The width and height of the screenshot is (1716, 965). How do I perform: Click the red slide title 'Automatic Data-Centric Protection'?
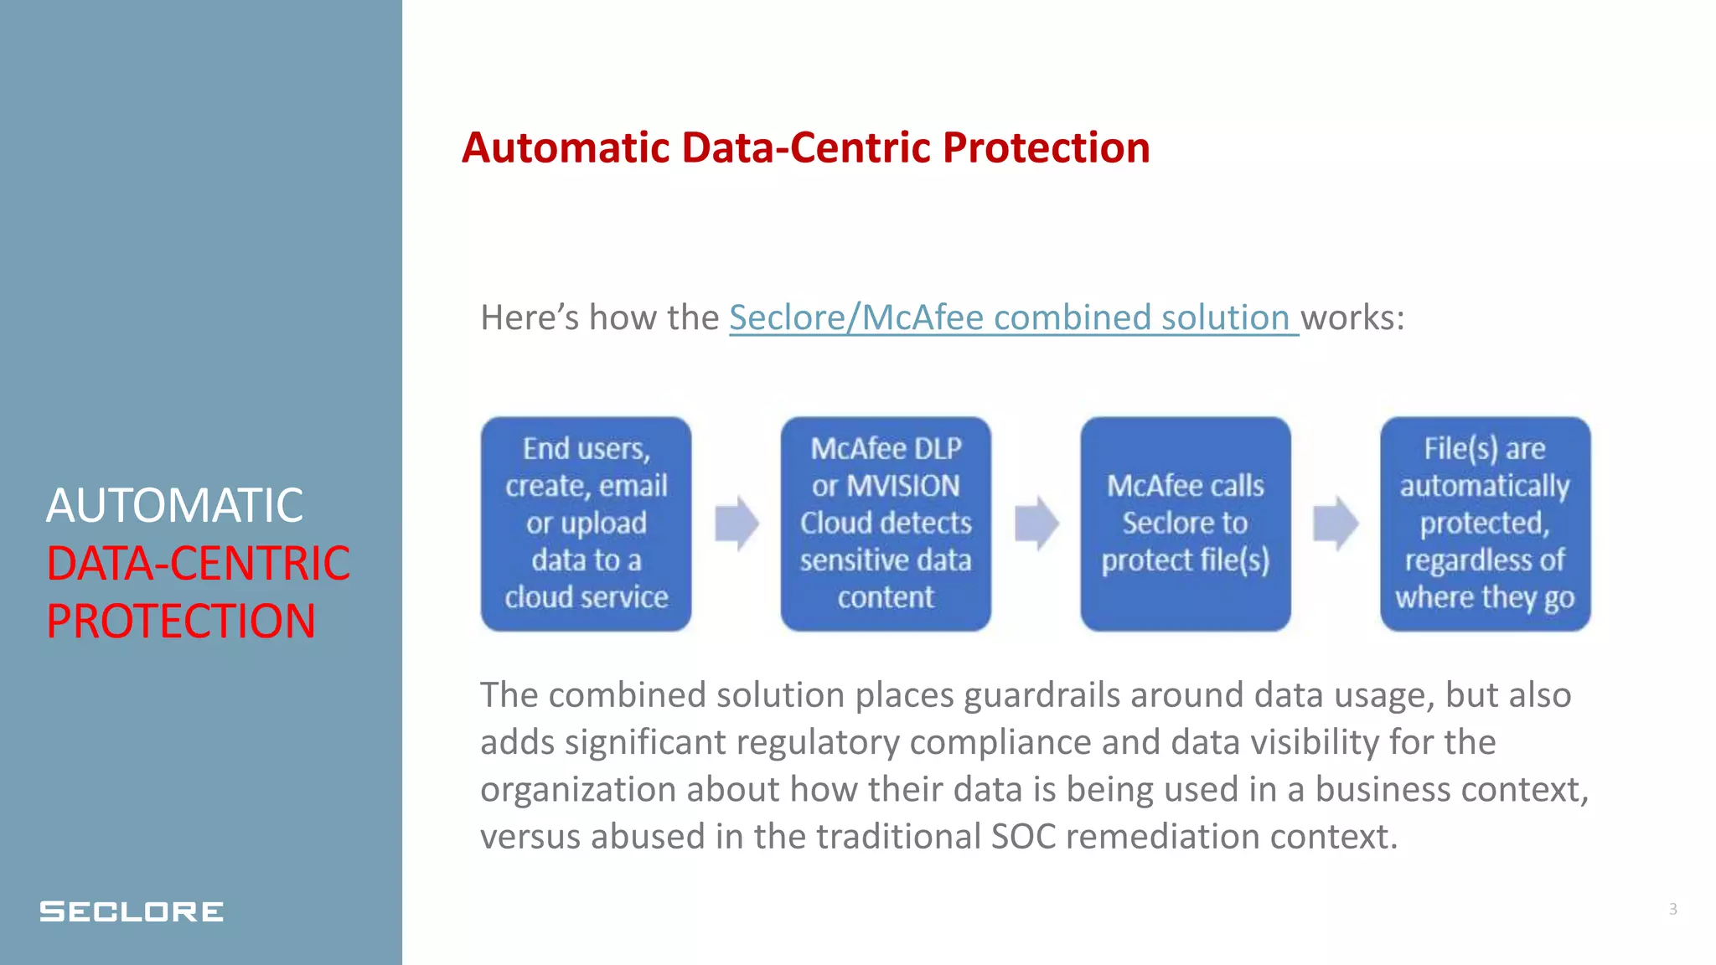[805, 148]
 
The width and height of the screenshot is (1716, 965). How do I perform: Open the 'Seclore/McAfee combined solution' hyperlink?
[1012, 318]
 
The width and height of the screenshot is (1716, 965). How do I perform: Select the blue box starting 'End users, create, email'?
[586, 524]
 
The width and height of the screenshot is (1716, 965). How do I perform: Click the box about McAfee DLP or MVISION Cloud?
[886, 524]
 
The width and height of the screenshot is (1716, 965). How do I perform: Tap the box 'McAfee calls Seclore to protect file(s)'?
[1185, 524]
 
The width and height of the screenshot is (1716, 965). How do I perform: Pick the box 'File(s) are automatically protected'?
[1485, 524]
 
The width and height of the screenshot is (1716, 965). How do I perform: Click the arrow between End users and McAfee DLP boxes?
[737, 524]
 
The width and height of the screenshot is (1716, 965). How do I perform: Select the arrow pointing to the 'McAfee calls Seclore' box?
[1036, 524]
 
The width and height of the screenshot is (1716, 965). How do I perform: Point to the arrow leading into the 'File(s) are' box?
[1336, 524]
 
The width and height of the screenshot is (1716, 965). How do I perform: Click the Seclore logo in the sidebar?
[132, 911]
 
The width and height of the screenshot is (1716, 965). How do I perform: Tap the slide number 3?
[1672, 909]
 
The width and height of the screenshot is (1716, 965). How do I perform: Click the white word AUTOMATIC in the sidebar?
[174, 506]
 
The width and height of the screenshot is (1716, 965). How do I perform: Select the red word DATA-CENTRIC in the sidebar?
[198, 564]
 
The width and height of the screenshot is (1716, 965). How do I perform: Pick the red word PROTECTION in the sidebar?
[181, 622]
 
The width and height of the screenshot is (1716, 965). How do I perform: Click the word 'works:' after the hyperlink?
[1352, 318]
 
